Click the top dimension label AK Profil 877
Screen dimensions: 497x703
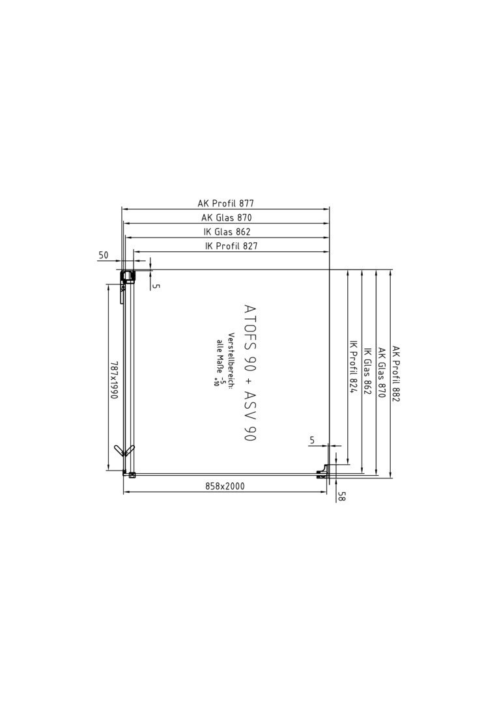point(225,204)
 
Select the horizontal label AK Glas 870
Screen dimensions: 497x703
point(227,218)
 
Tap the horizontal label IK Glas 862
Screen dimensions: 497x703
point(227,232)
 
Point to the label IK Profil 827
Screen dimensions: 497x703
point(231,245)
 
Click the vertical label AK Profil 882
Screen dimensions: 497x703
point(395,374)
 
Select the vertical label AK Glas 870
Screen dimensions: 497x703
point(382,372)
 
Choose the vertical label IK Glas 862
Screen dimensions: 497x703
point(367,370)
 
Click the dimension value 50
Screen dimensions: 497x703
point(103,255)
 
